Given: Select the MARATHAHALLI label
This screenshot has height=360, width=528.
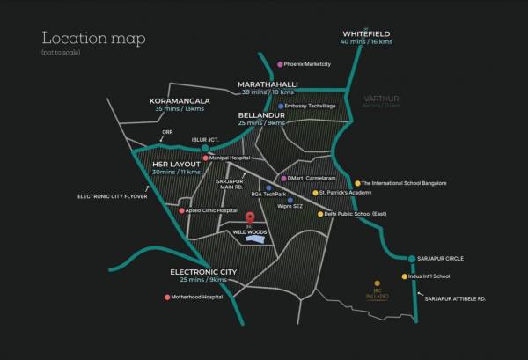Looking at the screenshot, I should pos(268,84).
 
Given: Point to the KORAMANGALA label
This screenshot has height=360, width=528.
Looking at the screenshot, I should pos(181,100).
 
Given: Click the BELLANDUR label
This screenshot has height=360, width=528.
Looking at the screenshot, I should pos(262,114).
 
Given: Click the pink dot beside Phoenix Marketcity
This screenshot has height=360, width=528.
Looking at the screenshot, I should pos(280,64).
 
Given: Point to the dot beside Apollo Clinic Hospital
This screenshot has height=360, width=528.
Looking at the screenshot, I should pos(181,211).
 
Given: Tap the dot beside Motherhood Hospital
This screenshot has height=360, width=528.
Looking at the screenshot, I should pos(168,297).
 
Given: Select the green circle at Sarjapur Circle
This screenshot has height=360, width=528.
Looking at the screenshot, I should pos(412,258).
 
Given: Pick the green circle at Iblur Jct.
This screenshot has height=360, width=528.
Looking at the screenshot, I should pos(204,148).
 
